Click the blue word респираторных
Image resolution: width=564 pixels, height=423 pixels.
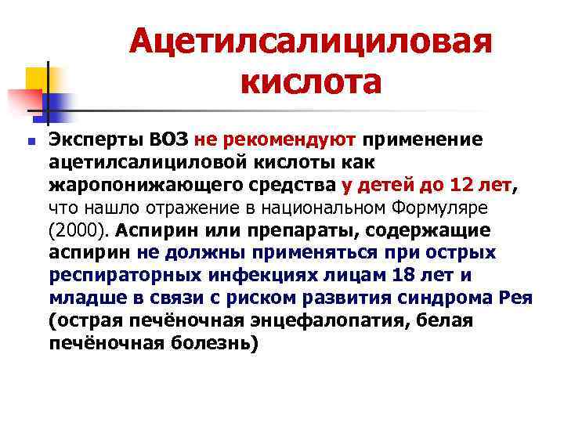[112, 276]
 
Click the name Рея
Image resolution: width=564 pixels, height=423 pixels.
[513, 298]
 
